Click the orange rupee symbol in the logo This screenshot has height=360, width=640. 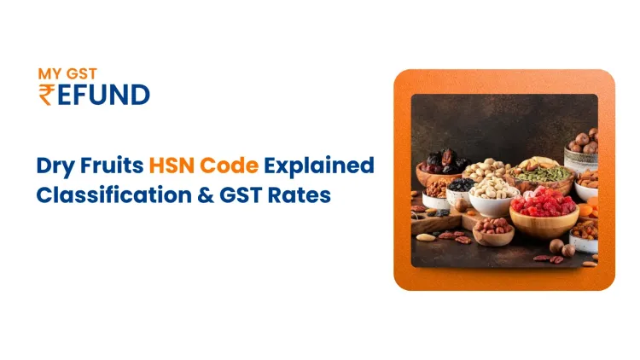(x=46, y=94)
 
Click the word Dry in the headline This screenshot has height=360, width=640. (x=54, y=165)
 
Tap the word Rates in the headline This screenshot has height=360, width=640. (x=298, y=195)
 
